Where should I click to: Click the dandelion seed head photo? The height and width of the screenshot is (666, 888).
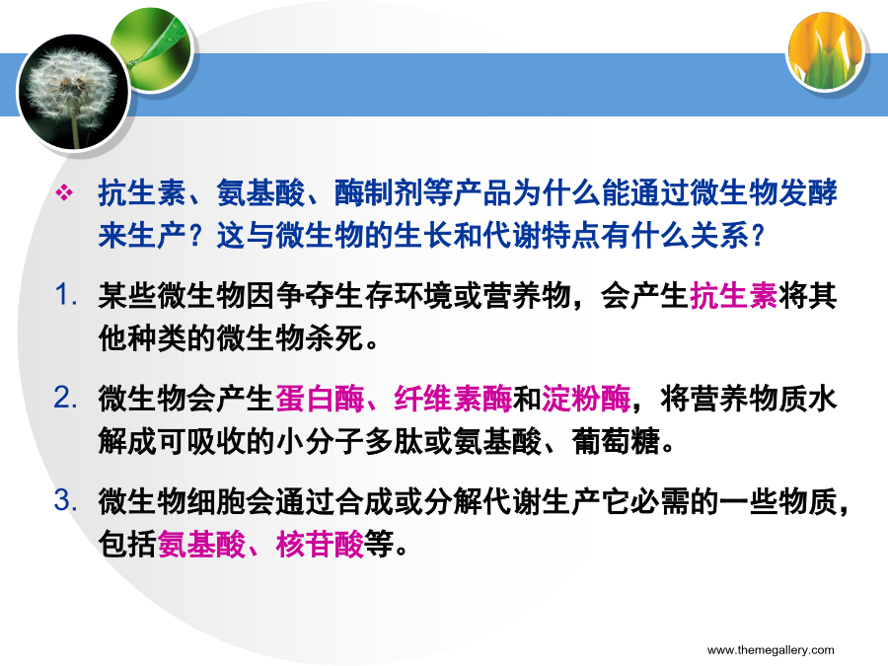click(x=74, y=92)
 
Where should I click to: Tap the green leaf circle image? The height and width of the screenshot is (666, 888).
click(x=154, y=48)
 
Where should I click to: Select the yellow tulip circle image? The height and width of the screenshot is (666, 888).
click(x=826, y=52)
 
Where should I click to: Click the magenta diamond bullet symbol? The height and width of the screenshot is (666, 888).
click(x=64, y=193)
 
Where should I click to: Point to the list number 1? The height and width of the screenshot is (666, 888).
click(x=66, y=294)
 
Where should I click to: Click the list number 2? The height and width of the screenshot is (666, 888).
click(x=66, y=398)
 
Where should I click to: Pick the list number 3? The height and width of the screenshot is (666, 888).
click(x=66, y=500)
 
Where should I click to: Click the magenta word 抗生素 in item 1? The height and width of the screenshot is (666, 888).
click(x=733, y=296)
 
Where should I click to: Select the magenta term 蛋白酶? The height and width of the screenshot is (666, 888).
click(x=320, y=399)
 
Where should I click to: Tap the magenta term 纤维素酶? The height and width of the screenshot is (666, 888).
click(x=453, y=399)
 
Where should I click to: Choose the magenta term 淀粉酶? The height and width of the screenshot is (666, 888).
click(x=586, y=399)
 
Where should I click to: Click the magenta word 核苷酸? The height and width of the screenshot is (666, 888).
click(x=320, y=545)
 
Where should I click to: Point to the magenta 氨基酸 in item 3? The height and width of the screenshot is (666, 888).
click(x=201, y=545)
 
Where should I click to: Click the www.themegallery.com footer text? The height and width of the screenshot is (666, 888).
click(x=771, y=649)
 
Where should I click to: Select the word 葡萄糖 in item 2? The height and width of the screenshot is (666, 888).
click(x=616, y=442)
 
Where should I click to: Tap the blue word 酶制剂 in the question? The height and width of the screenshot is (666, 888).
click(x=379, y=193)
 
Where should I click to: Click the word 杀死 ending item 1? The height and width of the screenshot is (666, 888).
click(x=334, y=339)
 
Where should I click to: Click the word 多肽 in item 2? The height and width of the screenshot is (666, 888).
click(x=394, y=442)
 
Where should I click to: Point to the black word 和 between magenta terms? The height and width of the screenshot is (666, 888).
click(x=527, y=399)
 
